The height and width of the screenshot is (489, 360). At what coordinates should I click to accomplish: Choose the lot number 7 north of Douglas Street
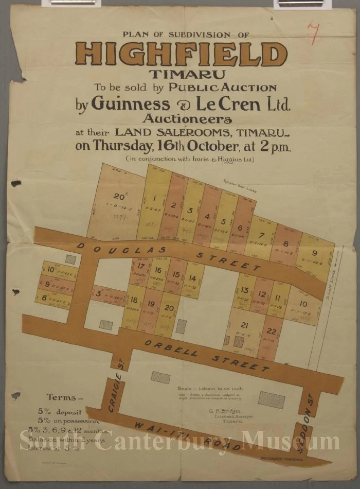pos(262,236)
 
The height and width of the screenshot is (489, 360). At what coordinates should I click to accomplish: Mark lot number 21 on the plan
pos(244,325)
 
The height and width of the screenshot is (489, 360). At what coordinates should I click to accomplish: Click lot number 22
pos(272,331)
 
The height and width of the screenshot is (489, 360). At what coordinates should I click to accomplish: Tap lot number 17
pos(140,266)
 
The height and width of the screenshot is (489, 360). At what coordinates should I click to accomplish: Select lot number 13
pos(245,290)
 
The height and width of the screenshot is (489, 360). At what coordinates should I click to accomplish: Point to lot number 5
pos(223,222)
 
